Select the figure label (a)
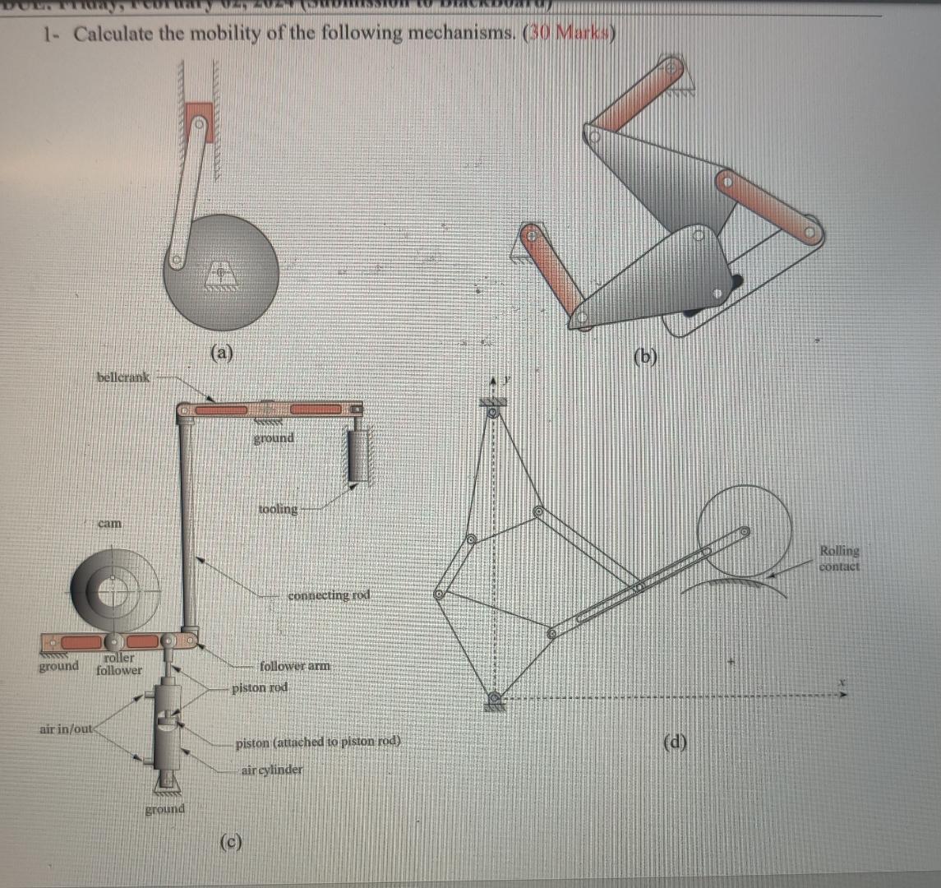click(x=221, y=354)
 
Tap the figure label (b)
click(x=648, y=357)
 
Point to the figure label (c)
click(x=231, y=841)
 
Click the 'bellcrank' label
click(x=123, y=377)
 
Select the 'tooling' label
click(x=278, y=509)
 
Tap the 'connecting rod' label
click(x=329, y=594)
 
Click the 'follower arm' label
click(x=294, y=666)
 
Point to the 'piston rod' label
click(x=260, y=687)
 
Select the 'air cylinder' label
click(x=271, y=770)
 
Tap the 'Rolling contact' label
click(x=839, y=558)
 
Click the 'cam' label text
click(x=109, y=523)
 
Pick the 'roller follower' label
click(x=119, y=664)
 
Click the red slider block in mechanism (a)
click(x=200, y=122)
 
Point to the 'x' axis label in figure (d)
click(x=841, y=682)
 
